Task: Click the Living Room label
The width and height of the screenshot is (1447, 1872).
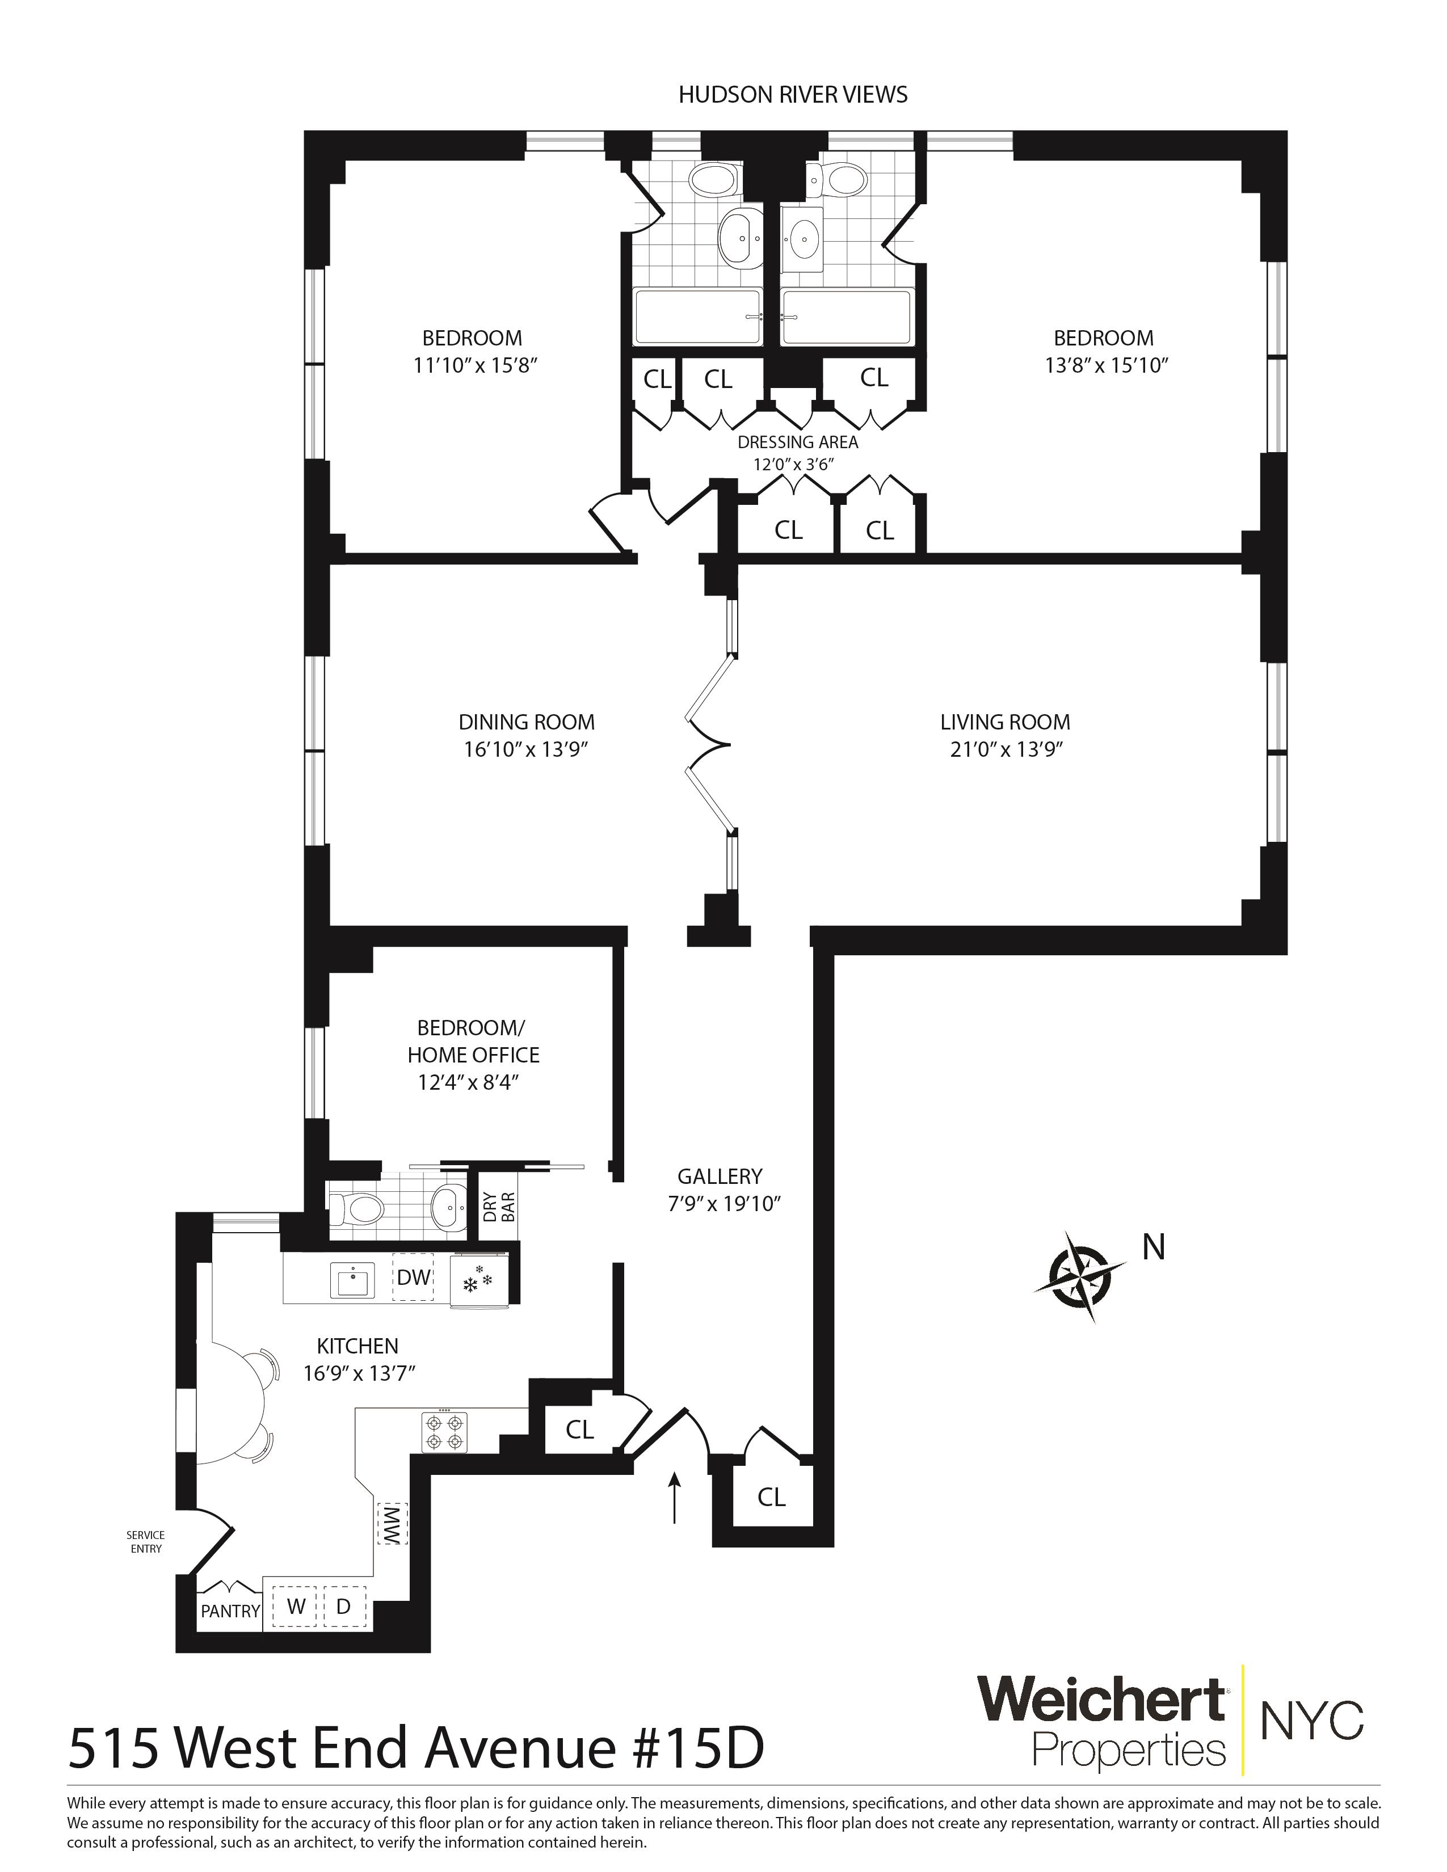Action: tap(1004, 722)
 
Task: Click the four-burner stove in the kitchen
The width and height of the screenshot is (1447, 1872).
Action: tap(445, 1432)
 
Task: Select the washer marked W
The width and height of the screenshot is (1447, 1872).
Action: tap(296, 1607)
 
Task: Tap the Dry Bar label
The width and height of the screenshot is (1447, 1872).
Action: tap(498, 1206)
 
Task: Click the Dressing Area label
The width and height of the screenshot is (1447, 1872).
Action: tap(797, 442)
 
